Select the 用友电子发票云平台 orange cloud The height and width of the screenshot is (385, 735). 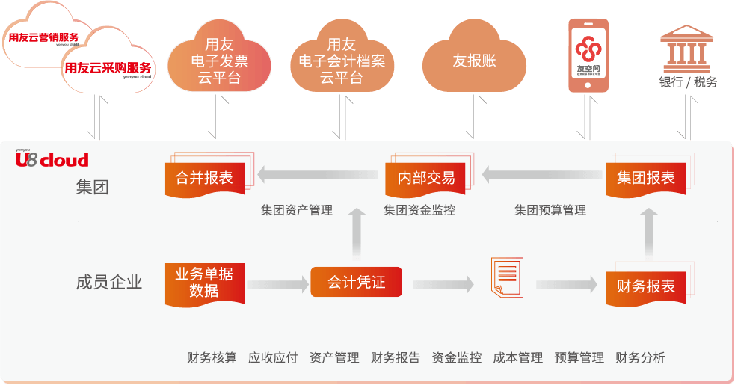[x=218, y=62]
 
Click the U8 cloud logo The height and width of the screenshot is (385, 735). [x=52, y=158]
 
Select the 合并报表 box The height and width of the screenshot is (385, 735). [x=204, y=178]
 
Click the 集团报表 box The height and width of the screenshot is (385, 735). [x=645, y=178]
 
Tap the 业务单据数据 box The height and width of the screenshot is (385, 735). [x=204, y=283]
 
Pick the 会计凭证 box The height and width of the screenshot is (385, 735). [x=356, y=283]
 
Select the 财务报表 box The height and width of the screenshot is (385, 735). [x=645, y=285]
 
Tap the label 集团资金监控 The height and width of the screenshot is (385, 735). [x=419, y=211]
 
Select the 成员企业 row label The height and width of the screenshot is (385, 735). [x=109, y=283]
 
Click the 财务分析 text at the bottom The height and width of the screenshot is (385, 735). [x=640, y=357]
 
